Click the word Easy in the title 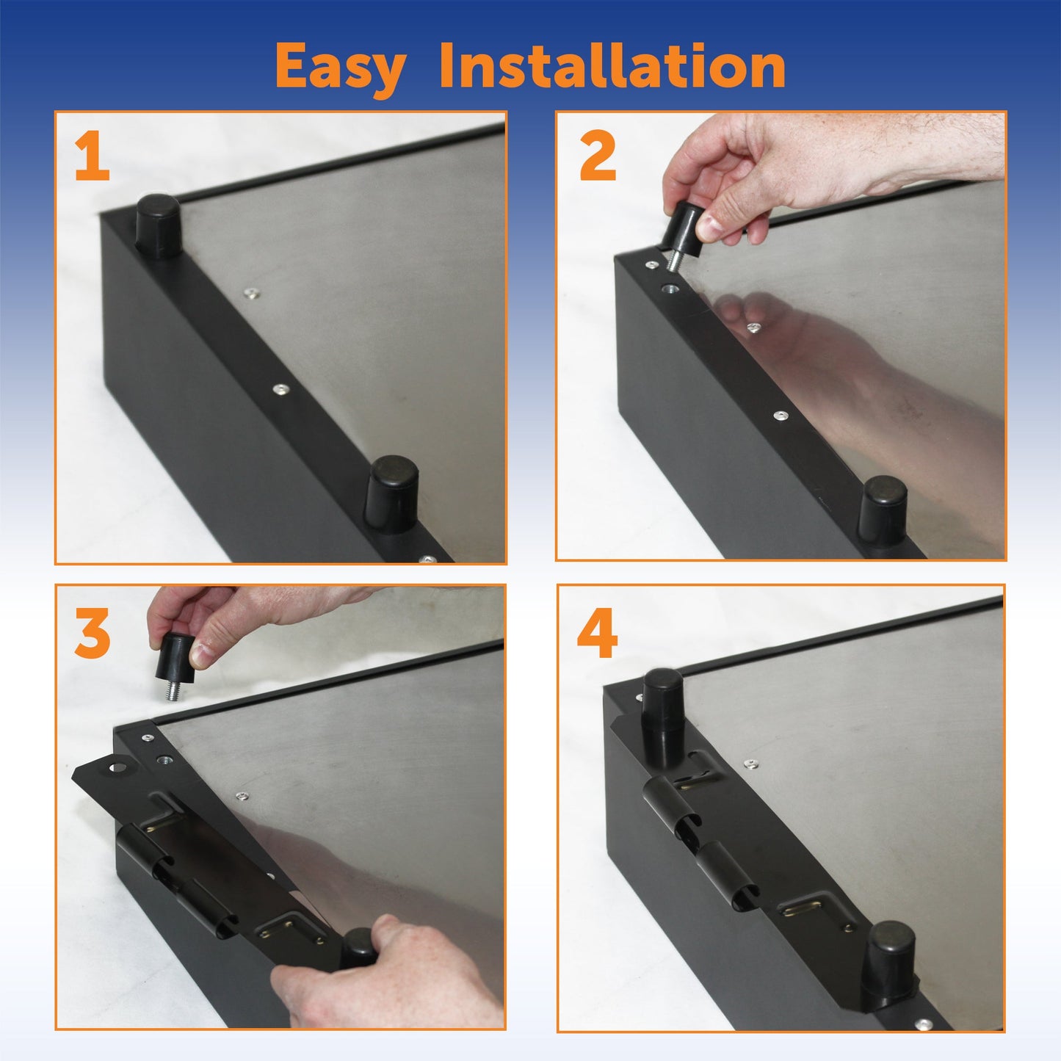pos(340,68)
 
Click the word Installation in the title pos(612,66)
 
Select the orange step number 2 pos(597,159)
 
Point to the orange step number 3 pos(93,634)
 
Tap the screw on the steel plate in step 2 pos(753,328)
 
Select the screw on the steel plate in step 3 pos(242,796)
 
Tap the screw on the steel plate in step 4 pos(749,764)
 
